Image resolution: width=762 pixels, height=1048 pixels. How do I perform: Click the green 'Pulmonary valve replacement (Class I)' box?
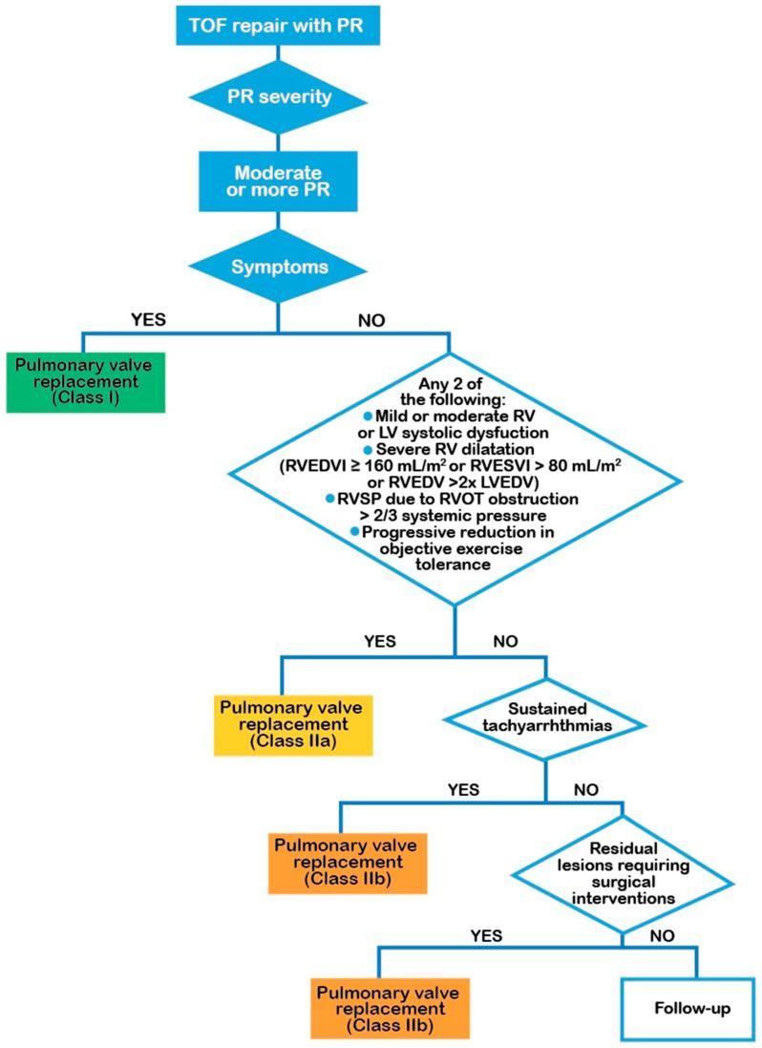[x=87, y=381]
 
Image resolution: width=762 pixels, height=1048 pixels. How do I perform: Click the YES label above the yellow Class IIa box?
[x=378, y=641]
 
